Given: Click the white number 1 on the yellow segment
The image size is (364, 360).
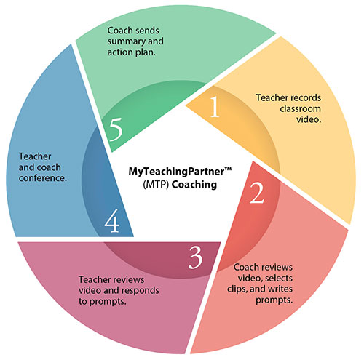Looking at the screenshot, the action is click(x=215, y=107).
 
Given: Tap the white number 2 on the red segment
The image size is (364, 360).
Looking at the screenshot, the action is click(x=257, y=193).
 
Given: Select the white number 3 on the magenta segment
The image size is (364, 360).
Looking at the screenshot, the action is click(x=195, y=257).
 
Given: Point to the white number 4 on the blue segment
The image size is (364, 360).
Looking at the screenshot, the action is click(x=112, y=220).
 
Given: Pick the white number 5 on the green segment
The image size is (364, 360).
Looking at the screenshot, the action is click(x=116, y=129).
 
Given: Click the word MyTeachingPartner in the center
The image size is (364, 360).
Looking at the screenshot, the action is click(x=176, y=172).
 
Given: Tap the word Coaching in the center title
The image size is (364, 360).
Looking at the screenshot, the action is click(x=194, y=185).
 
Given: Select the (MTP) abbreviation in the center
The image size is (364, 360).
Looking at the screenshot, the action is click(x=156, y=185).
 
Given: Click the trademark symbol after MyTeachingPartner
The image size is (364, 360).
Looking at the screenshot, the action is click(x=228, y=169).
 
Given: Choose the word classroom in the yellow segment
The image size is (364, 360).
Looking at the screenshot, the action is click(x=301, y=108).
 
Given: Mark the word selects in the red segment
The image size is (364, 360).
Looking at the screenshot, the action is click(x=279, y=278).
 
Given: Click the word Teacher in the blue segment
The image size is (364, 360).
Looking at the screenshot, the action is click(x=35, y=156).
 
